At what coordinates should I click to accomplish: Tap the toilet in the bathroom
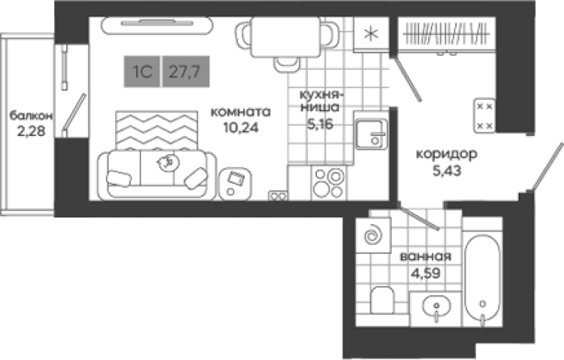click(382, 300)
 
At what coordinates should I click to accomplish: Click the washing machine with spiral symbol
click(373, 236)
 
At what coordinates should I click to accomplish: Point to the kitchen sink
click(371, 134)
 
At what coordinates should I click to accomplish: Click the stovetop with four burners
click(329, 183)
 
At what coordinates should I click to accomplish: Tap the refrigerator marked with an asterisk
click(371, 35)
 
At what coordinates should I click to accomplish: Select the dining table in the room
click(286, 37)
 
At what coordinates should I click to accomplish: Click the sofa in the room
click(157, 175)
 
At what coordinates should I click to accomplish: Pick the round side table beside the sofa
click(235, 184)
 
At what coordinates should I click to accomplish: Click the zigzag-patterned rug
click(156, 130)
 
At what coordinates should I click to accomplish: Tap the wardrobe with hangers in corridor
click(446, 35)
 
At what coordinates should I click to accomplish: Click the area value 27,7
click(185, 72)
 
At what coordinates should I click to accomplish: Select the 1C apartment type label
click(142, 72)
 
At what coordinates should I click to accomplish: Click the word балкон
click(31, 116)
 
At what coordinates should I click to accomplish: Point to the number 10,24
click(240, 128)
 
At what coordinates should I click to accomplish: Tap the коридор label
click(446, 154)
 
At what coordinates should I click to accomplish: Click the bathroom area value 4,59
click(426, 274)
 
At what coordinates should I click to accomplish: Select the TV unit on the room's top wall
click(156, 26)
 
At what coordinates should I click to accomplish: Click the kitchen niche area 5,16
click(319, 124)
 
